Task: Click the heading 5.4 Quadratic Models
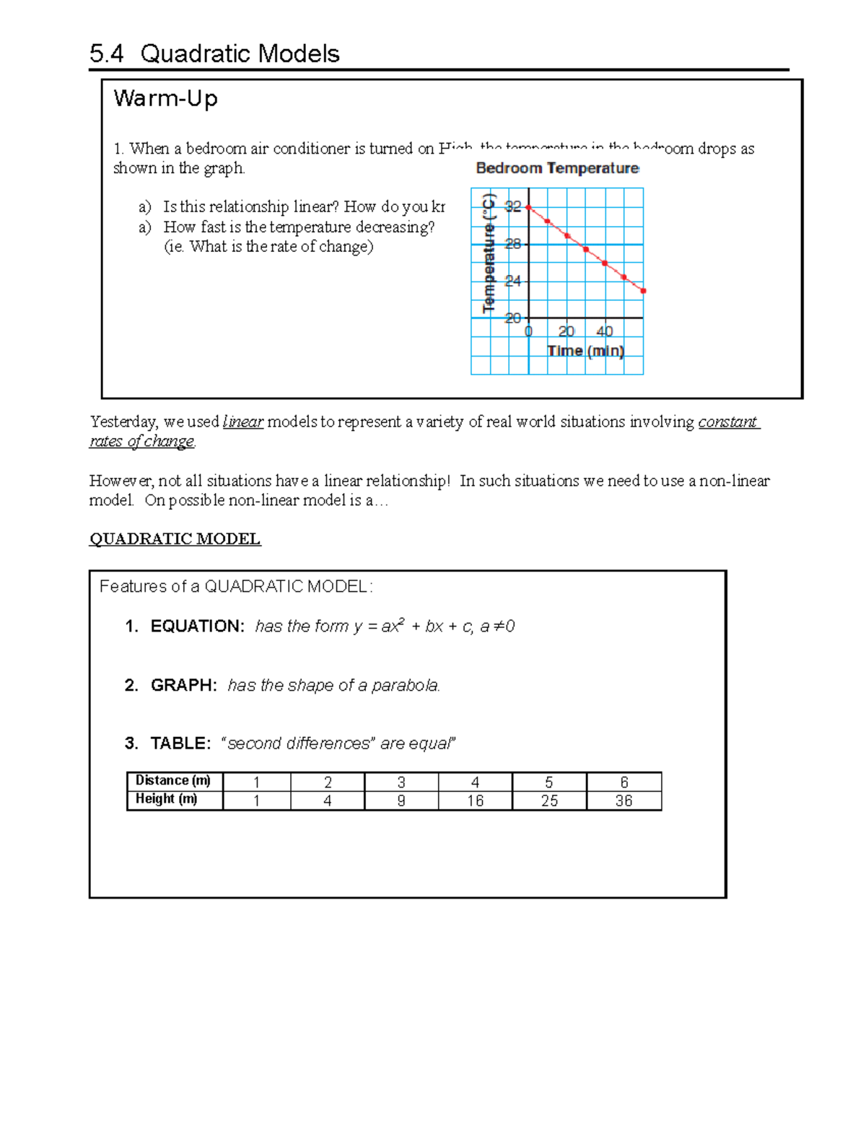tap(214, 53)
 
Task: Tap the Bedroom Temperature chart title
tap(557, 168)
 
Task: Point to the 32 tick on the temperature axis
tap(512, 206)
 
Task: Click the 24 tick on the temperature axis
tap(512, 281)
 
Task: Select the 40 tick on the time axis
tap(605, 331)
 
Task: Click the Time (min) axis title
tap(585, 351)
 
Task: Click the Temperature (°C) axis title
tap(489, 253)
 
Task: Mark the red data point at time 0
tap(528, 207)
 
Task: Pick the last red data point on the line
tap(643, 291)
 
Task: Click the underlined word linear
tap(243, 422)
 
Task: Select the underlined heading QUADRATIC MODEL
tap(175, 538)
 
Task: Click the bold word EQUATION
tap(197, 626)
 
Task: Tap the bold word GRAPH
tap(183, 685)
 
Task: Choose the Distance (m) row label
tap(173, 780)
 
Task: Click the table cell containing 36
tap(624, 801)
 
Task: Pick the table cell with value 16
tap(475, 801)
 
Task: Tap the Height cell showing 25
tap(549, 801)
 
